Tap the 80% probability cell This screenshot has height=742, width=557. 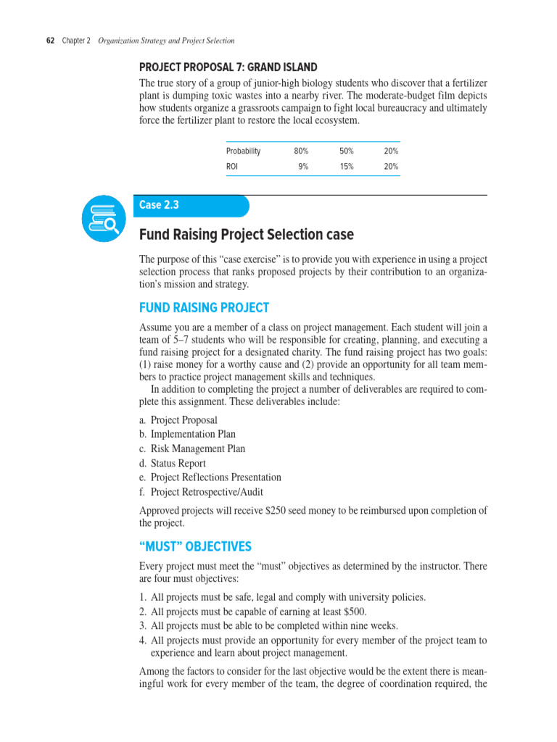tap(301, 151)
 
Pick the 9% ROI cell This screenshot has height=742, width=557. tap(303, 167)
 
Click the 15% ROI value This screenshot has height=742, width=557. tap(346, 167)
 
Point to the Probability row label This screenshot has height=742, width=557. tap(243, 151)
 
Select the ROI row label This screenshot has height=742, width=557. tap(232, 167)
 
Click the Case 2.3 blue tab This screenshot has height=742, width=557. tap(191, 205)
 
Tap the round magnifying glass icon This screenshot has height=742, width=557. tap(105, 218)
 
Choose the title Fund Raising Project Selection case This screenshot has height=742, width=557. tap(246, 235)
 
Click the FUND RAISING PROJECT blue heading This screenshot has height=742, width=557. tap(204, 307)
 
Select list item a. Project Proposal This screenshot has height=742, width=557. tap(178, 420)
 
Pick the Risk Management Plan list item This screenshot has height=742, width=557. tap(192, 449)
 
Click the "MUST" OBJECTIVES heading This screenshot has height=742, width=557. tap(195, 546)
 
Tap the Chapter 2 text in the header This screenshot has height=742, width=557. tap(76, 41)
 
